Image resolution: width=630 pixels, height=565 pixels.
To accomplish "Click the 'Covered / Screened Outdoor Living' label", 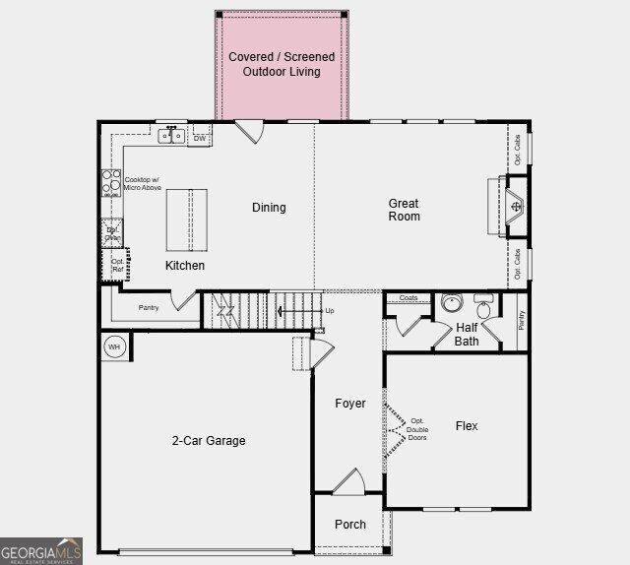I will (x=282, y=64).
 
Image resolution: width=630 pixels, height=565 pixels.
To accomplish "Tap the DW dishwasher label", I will (x=200, y=139).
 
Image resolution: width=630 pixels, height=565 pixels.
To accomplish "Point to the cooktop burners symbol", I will (x=111, y=184).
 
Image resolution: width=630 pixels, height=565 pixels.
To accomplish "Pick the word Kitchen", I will (x=185, y=266).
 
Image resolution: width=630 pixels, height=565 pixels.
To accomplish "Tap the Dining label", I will (x=269, y=208).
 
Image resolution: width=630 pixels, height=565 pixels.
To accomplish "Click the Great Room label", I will (x=404, y=210).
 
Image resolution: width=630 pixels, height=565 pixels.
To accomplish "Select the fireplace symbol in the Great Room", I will (x=516, y=207).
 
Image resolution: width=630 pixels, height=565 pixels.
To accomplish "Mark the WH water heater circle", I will (x=113, y=347).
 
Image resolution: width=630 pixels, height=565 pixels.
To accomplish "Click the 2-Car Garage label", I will (x=209, y=441).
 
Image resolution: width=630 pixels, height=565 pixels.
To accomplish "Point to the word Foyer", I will (x=350, y=404).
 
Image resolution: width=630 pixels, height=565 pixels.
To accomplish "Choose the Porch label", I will (x=350, y=525).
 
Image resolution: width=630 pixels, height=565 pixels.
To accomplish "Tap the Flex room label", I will (x=467, y=426).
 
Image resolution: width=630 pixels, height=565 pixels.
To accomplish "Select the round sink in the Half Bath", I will (x=452, y=303).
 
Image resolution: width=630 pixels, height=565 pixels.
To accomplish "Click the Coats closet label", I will (x=409, y=297).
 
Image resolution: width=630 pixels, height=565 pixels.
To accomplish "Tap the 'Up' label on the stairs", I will (x=329, y=311).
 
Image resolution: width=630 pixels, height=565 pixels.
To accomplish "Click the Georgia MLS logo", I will (x=41, y=550).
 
